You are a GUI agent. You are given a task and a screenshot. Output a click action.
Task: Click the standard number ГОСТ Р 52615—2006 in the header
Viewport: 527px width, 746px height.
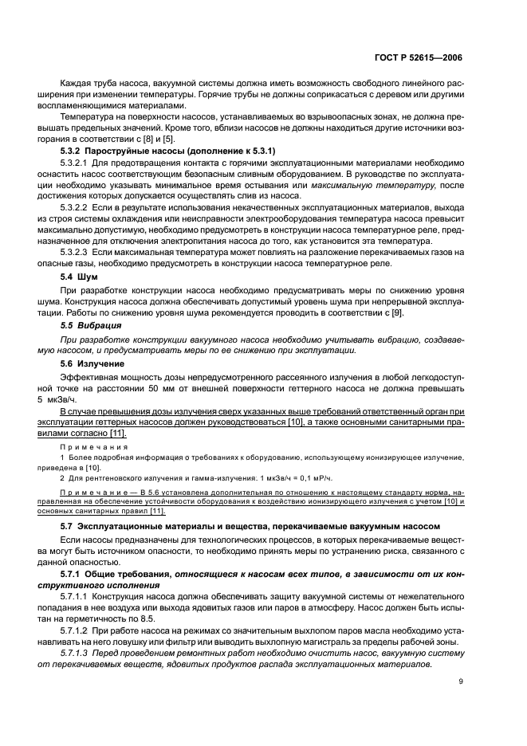(x=417, y=57)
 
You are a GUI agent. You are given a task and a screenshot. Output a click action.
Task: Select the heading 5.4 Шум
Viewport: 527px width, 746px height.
(x=76, y=275)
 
